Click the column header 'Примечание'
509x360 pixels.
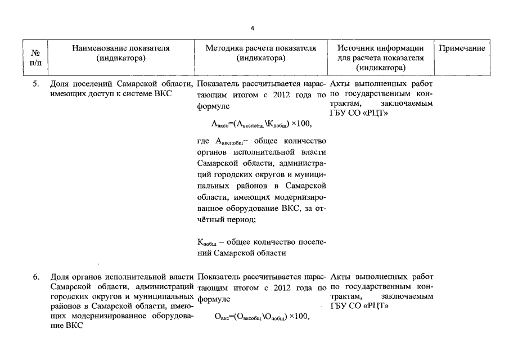pyautogui.click(x=461, y=49)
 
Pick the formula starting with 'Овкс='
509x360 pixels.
pyautogui.click(x=262, y=317)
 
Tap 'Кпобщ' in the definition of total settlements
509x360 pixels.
pyautogui.click(x=208, y=242)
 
